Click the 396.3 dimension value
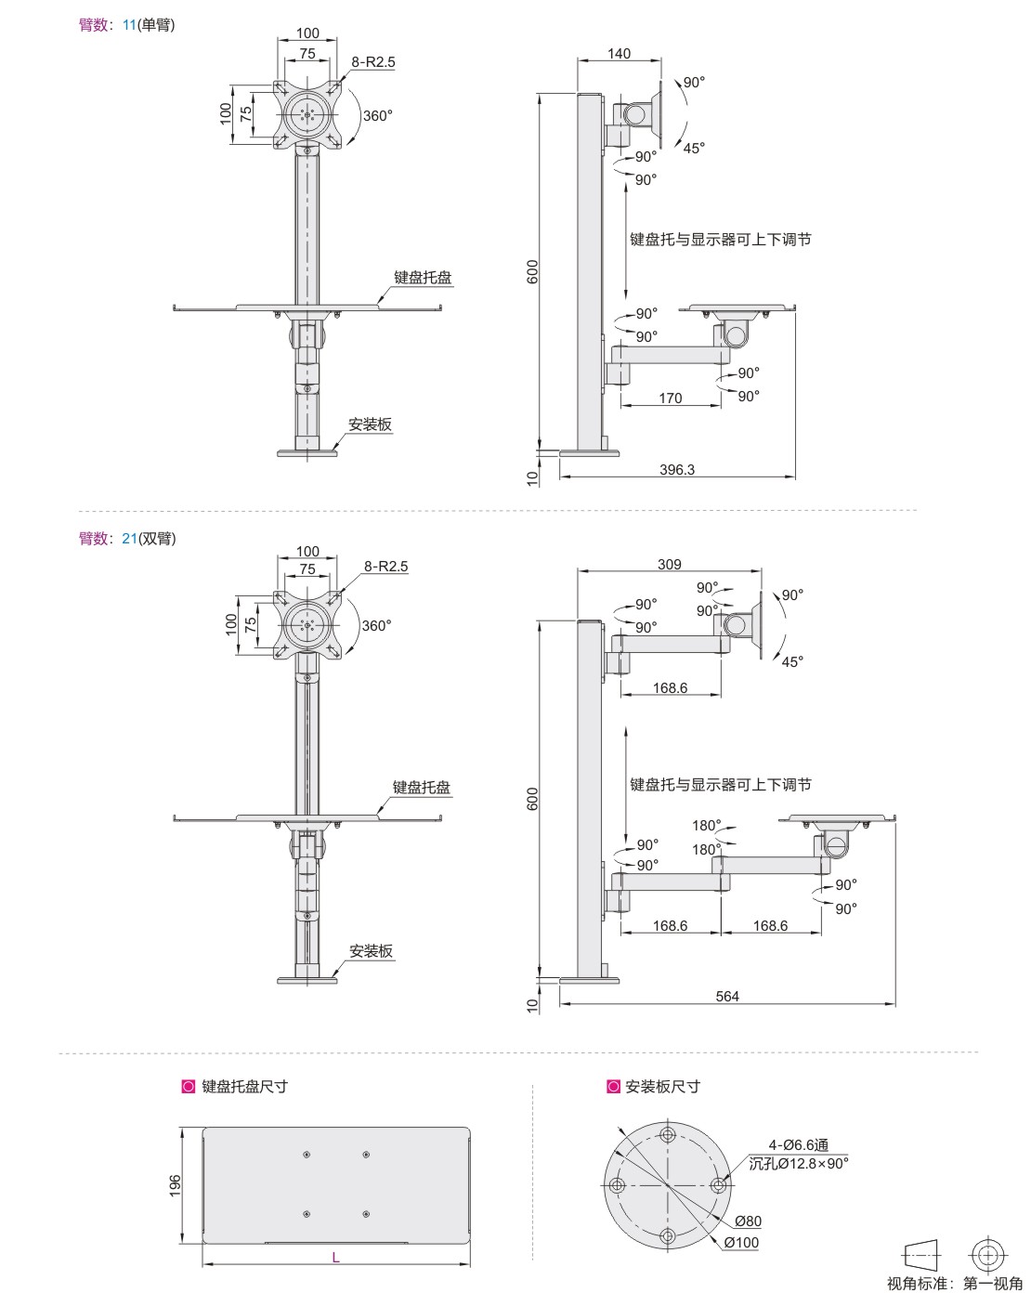tap(677, 470)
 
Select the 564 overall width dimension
tap(727, 996)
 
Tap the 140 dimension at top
tap(620, 54)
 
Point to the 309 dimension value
tap(669, 565)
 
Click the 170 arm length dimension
tap(670, 398)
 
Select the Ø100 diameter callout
tap(741, 1242)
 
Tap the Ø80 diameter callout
tap(748, 1221)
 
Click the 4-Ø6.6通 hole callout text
tap(798, 1145)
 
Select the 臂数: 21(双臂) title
tap(127, 538)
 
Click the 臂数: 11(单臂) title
tap(127, 25)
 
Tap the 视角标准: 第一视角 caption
tap(955, 1284)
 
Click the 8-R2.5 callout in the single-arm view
tap(373, 62)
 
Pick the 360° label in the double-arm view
tap(376, 625)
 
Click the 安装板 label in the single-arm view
tap(371, 425)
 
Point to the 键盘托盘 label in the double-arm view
tap(422, 787)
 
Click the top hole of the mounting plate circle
tap(667, 1134)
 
